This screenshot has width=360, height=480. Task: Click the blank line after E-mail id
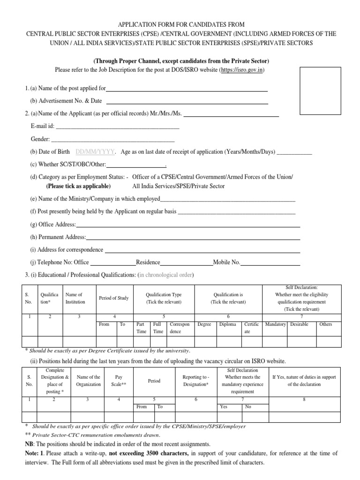[x=117, y=127]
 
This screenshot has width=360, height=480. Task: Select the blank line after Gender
[x=112, y=139]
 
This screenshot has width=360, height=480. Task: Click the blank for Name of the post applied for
[x=187, y=89]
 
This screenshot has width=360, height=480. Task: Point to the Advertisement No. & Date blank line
[x=187, y=101]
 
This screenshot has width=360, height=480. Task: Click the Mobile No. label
[x=227, y=263]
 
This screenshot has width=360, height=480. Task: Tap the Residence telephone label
[x=148, y=263]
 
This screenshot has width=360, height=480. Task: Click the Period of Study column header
[x=114, y=299]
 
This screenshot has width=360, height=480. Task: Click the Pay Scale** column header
[x=119, y=380]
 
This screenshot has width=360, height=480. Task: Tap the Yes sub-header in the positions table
[x=224, y=407]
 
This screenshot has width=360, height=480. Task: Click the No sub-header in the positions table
[x=248, y=407]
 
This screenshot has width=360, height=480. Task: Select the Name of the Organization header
[x=89, y=380]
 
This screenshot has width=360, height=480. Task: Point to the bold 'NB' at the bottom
[x=29, y=444]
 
